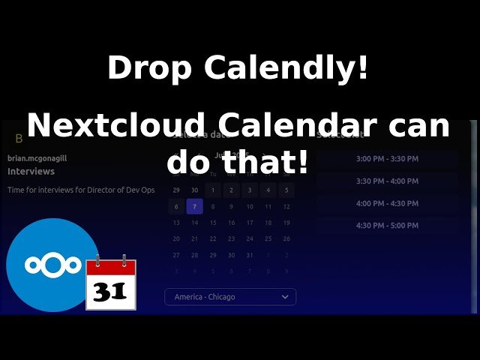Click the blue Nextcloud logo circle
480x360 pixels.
52,265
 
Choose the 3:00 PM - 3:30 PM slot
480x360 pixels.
387,159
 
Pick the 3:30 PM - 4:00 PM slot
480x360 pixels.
387,181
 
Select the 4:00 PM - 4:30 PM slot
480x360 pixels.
387,203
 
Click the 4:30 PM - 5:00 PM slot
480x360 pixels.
387,226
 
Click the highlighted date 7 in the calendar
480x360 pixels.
194,206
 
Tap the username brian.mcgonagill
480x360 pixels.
37,158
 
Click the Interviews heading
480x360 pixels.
31,172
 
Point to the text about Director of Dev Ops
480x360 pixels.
81,190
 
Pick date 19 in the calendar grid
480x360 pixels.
286,223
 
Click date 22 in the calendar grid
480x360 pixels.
212,239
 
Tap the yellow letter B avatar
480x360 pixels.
19,139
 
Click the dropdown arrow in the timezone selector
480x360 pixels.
285,297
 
